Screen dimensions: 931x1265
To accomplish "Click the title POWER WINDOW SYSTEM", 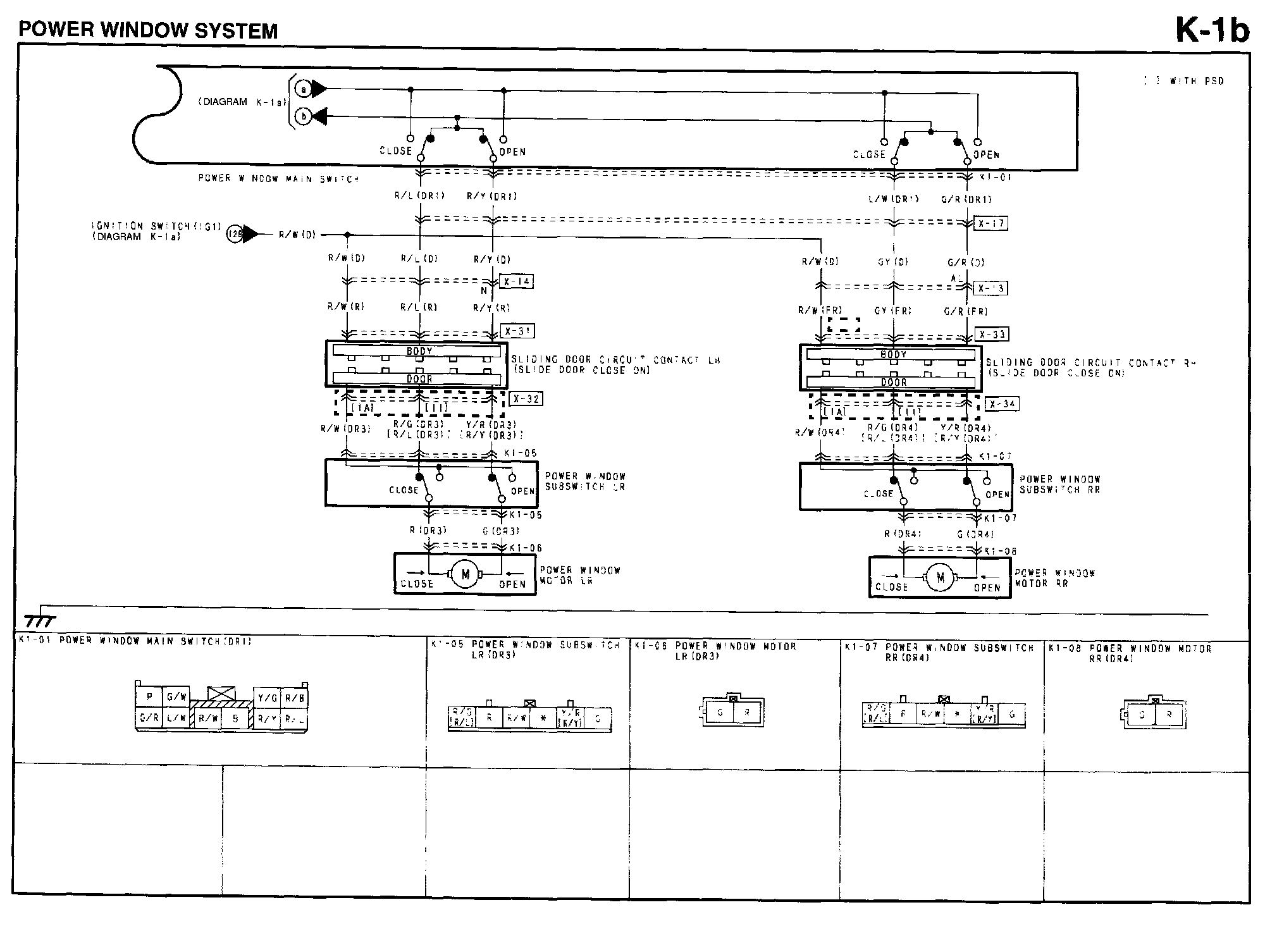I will [x=148, y=30].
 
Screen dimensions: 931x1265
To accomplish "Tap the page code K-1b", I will [x=1212, y=30].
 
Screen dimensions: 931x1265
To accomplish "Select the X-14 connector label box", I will [x=516, y=281].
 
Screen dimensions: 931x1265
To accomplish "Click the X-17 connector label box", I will [x=990, y=223].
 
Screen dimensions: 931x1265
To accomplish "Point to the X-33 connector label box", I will [x=991, y=334].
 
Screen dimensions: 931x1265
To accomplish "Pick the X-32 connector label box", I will [x=526, y=399].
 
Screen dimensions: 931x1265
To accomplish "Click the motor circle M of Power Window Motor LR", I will [x=466, y=574].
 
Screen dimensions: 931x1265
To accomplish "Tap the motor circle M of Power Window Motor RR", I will [x=940, y=577].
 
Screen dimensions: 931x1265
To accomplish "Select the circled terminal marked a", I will [x=303, y=90].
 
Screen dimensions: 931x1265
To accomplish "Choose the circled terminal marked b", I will [x=303, y=117].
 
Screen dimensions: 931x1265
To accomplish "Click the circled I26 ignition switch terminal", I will [x=234, y=235].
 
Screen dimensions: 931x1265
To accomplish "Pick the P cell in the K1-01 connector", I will [x=149, y=697].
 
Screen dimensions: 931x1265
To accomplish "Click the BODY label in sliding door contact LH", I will [x=419, y=351].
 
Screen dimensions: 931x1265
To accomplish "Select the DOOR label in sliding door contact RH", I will [x=894, y=382].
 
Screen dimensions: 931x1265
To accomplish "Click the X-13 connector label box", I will [x=990, y=288].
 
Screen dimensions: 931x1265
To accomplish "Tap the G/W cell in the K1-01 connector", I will [x=176, y=697].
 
